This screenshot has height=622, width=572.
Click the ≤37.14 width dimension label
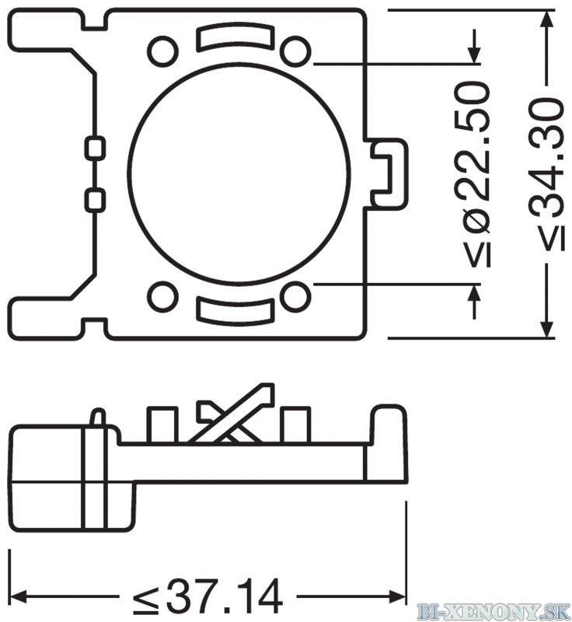pyautogui.click(x=208, y=596)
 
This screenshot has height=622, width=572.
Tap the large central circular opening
pyautogui.click(x=239, y=173)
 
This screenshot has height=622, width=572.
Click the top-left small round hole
pyautogui.click(x=162, y=51)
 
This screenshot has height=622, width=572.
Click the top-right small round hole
pyautogui.click(x=295, y=51)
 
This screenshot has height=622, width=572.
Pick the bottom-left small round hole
pyautogui.click(x=162, y=296)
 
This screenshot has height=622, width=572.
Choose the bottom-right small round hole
pyautogui.click(x=295, y=296)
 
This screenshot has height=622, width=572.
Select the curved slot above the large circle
pyautogui.click(x=235, y=37)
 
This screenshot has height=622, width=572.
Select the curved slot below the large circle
pyautogui.click(x=235, y=312)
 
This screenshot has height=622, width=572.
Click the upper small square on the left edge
pyautogui.click(x=95, y=149)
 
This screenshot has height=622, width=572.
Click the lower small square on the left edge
pyautogui.click(x=95, y=200)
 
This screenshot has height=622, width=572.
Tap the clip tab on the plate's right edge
pyautogui.click(x=386, y=173)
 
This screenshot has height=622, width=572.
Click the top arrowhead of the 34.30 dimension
pyautogui.click(x=547, y=19)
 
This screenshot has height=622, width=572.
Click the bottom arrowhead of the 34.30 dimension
pyautogui.click(x=547, y=329)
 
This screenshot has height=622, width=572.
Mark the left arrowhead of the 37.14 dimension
pyautogui.click(x=18, y=596)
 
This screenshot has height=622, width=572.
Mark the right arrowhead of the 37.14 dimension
pyautogui.click(x=398, y=596)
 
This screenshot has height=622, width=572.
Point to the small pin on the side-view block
pyautogui.click(x=98, y=418)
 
